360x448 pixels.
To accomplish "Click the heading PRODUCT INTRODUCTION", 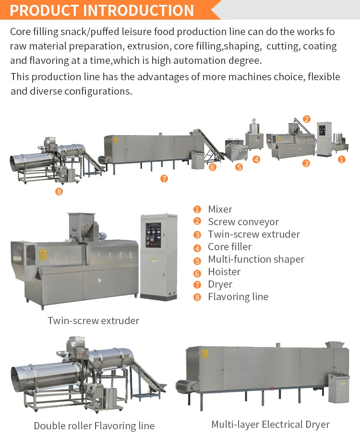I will [102, 10].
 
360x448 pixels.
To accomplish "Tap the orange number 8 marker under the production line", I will [59, 192].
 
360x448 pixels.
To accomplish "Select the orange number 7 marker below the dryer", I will [164, 179].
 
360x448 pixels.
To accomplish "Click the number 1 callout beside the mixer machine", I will [341, 159].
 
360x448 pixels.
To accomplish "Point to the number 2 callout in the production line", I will [307, 119].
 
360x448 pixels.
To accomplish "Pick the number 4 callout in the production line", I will [256, 159].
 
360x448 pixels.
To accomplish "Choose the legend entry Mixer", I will [220, 209].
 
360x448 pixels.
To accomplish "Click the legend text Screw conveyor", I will [243, 222].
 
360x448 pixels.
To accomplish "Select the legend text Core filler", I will [229, 247].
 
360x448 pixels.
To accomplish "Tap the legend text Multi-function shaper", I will [256, 259].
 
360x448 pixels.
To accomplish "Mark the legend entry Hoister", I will [224, 272].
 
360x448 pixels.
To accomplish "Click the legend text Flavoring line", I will [238, 297].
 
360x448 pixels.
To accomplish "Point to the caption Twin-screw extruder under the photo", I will [93, 320].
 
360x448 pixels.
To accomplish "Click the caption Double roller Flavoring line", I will [94, 425].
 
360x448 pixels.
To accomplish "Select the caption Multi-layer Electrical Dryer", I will [271, 424].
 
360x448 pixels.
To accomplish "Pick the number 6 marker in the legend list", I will [197, 272].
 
